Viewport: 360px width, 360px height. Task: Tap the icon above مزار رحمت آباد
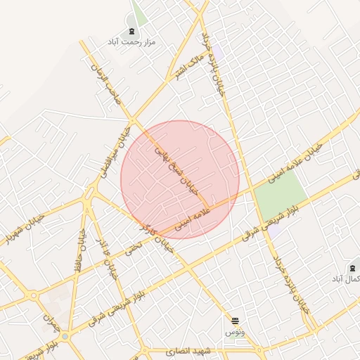(131, 32)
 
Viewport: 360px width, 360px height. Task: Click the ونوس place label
(235, 331)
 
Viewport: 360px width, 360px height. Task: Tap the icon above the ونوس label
(235, 321)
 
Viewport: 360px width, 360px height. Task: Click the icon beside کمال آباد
(352, 269)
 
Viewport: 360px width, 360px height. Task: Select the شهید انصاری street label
(189, 350)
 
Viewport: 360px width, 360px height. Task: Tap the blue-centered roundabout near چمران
(65, 336)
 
